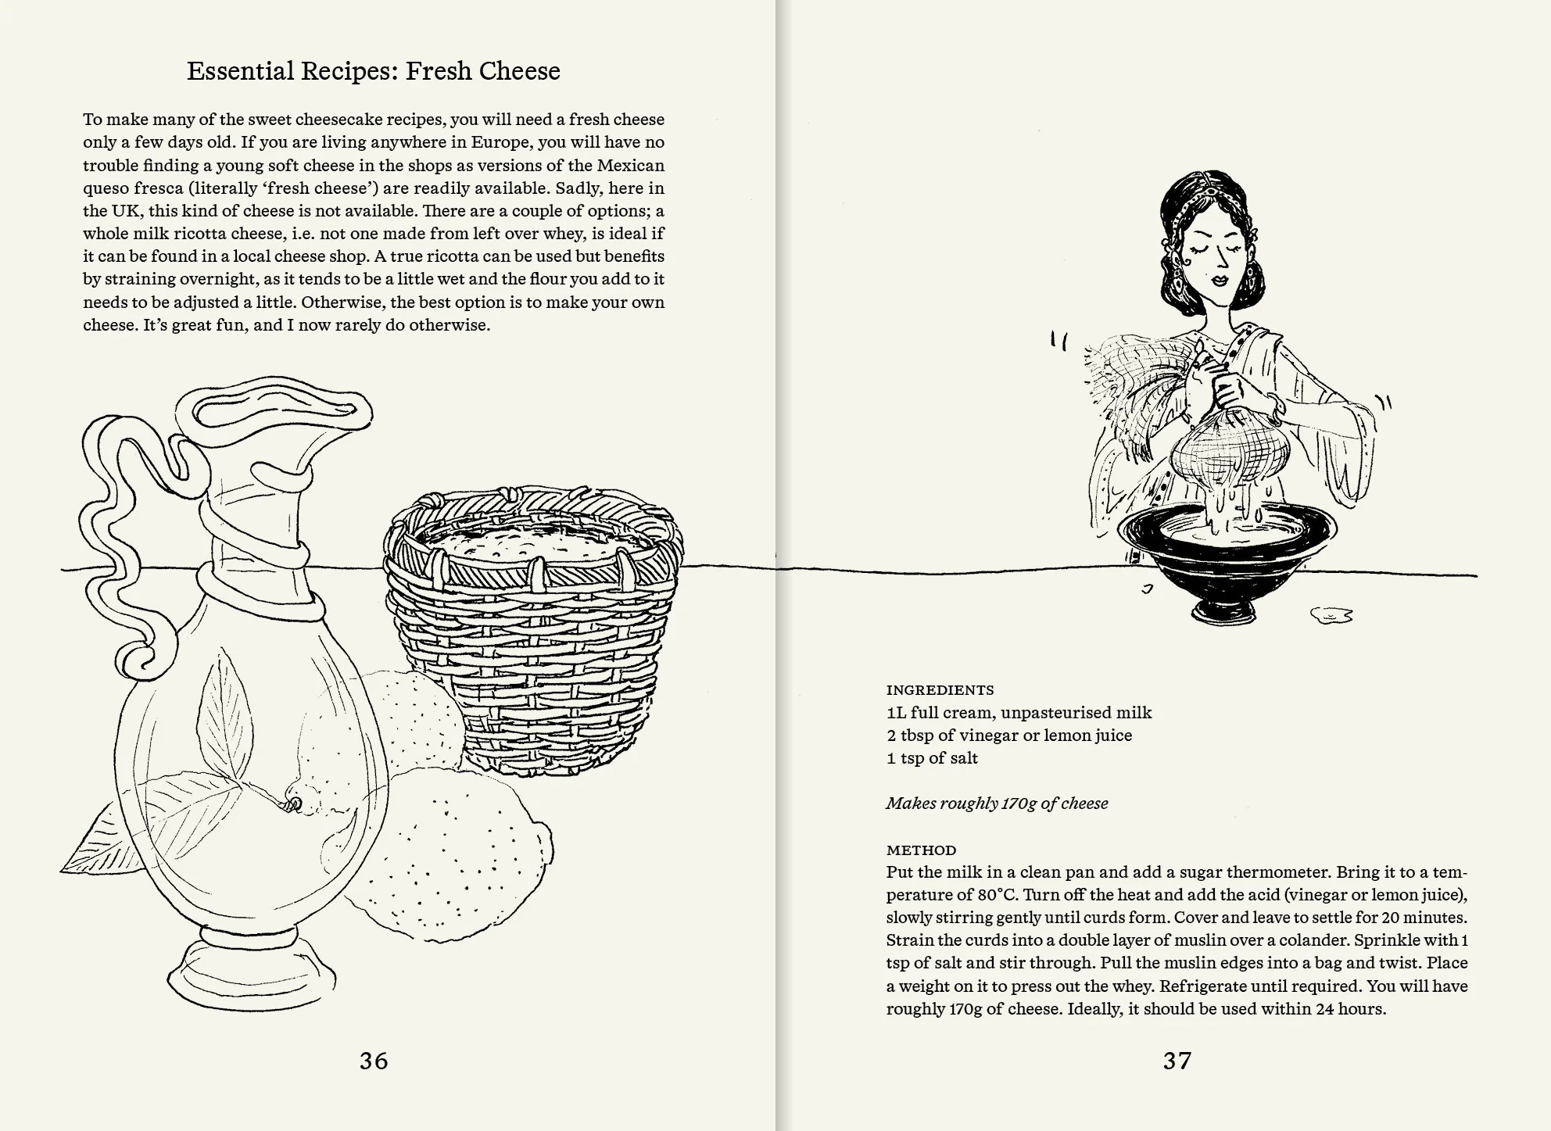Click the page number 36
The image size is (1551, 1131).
(x=374, y=1061)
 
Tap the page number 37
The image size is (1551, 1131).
(x=1177, y=1061)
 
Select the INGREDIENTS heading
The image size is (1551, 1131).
(x=940, y=690)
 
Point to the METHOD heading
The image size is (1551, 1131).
(x=921, y=850)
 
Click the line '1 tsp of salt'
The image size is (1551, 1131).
(x=932, y=758)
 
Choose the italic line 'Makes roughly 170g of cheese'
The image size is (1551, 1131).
(x=997, y=804)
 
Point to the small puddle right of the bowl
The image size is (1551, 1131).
(x=1332, y=616)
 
